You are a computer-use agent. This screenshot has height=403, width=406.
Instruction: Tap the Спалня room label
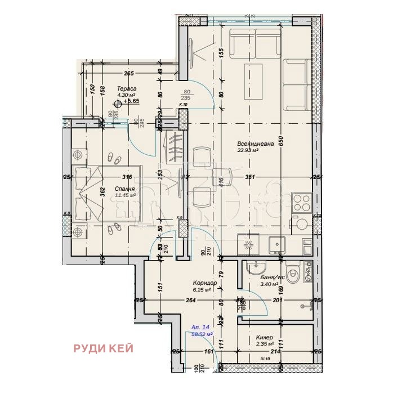[x=124, y=189]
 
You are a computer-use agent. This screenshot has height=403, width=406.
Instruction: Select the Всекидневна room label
[x=255, y=144]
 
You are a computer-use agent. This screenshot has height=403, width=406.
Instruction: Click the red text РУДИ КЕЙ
[x=103, y=349]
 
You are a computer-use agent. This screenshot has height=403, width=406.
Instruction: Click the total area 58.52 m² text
[x=202, y=334]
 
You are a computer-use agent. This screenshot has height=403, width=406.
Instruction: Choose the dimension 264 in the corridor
[x=190, y=301]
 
